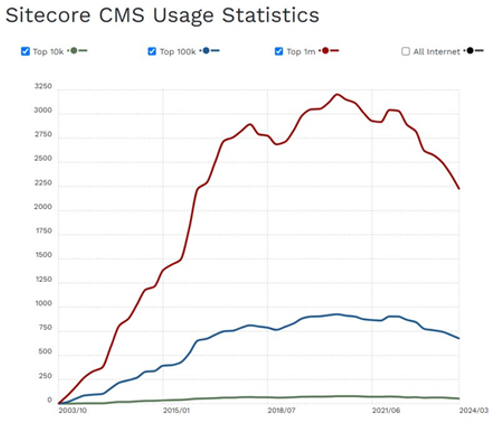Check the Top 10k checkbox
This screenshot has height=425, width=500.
[26, 51]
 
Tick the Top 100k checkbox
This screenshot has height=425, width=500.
[152, 51]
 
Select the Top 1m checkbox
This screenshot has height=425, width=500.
[279, 51]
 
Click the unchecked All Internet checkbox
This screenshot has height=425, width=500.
[406, 51]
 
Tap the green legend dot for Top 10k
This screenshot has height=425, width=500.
[74, 51]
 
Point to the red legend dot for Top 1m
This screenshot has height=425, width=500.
[326, 51]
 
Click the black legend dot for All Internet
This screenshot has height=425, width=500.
[471, 51]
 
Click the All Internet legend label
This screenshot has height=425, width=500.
[436, 52]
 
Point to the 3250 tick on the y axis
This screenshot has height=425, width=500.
[43, 87]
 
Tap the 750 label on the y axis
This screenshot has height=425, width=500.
[45, 328]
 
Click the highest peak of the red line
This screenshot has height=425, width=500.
[337, 94]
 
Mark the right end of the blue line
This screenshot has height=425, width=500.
[459, 339]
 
